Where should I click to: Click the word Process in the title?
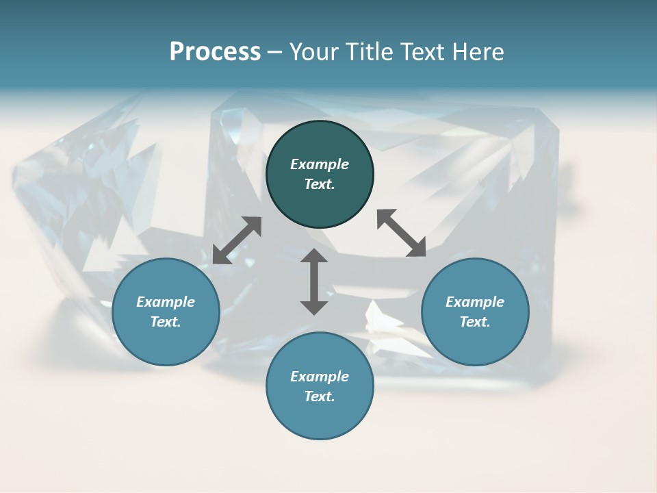215,52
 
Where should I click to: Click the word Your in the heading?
313,52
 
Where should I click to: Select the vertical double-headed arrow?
314,281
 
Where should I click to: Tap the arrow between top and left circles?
237,240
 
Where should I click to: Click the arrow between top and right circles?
402,233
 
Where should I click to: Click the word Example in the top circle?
320,164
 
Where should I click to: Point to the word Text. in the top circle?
320,184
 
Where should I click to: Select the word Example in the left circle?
166,302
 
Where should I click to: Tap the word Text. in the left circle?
166,322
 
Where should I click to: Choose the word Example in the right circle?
475,302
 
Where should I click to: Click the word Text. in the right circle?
475,322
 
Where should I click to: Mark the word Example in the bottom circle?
320,377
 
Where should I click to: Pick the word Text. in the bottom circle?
320,396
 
